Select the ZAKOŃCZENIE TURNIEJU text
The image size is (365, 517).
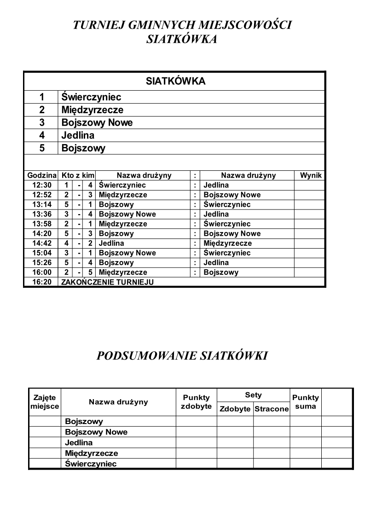click(107, 282)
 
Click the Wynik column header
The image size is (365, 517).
click(311, 175)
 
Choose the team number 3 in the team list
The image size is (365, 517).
click(41, 123)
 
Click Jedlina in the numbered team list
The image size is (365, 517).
click(78, 136)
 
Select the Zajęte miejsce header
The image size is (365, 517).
click(45, 402)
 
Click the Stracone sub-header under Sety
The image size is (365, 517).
click(272, 409)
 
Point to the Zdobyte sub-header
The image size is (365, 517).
click(235, 409)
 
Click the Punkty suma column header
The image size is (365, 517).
click(306, 402)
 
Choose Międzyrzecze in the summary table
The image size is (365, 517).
click(91, 453)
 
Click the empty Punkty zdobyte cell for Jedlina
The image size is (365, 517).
click(196, 443)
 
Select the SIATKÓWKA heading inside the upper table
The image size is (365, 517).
click(175, 81)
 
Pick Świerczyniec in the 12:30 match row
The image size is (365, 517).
click(122, 185)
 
